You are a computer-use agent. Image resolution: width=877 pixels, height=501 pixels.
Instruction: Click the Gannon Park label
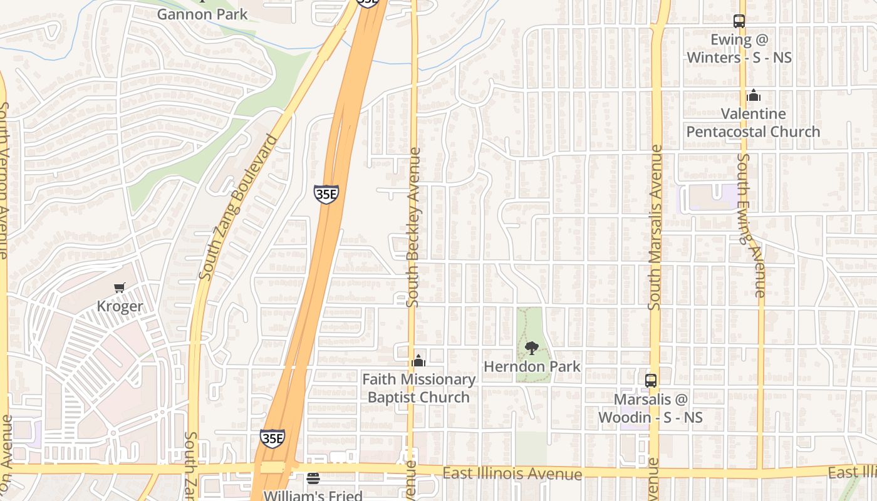202,14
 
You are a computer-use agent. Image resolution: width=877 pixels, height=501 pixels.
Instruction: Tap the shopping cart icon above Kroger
120,287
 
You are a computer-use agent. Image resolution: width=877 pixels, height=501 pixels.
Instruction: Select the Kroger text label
120,306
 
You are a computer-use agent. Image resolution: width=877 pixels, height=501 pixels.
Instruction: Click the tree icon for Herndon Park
532,348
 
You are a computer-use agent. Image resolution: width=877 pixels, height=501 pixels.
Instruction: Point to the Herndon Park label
532,366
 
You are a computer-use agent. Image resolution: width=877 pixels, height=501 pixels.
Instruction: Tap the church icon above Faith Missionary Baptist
418,361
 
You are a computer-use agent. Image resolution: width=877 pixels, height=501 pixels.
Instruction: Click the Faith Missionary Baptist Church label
418,388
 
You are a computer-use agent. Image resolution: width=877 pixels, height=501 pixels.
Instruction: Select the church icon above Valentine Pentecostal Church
754,95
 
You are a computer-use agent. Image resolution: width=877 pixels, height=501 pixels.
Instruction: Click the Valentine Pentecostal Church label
754,123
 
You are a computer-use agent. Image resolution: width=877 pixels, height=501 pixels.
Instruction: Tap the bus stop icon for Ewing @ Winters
739,21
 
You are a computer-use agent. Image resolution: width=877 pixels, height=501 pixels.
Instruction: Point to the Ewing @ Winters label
739,49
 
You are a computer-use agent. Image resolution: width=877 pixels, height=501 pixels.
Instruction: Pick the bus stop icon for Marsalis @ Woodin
651,380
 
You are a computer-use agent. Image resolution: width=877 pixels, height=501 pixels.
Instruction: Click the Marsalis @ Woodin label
651,408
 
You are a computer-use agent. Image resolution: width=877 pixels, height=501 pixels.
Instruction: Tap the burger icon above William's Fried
313,478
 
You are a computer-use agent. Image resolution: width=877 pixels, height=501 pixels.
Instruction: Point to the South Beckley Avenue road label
413,227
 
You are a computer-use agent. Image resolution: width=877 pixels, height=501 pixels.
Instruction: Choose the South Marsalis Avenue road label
655,227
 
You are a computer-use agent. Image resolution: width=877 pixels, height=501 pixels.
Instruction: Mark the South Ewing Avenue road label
751,225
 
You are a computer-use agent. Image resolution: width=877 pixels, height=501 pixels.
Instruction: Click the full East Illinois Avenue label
512,473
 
